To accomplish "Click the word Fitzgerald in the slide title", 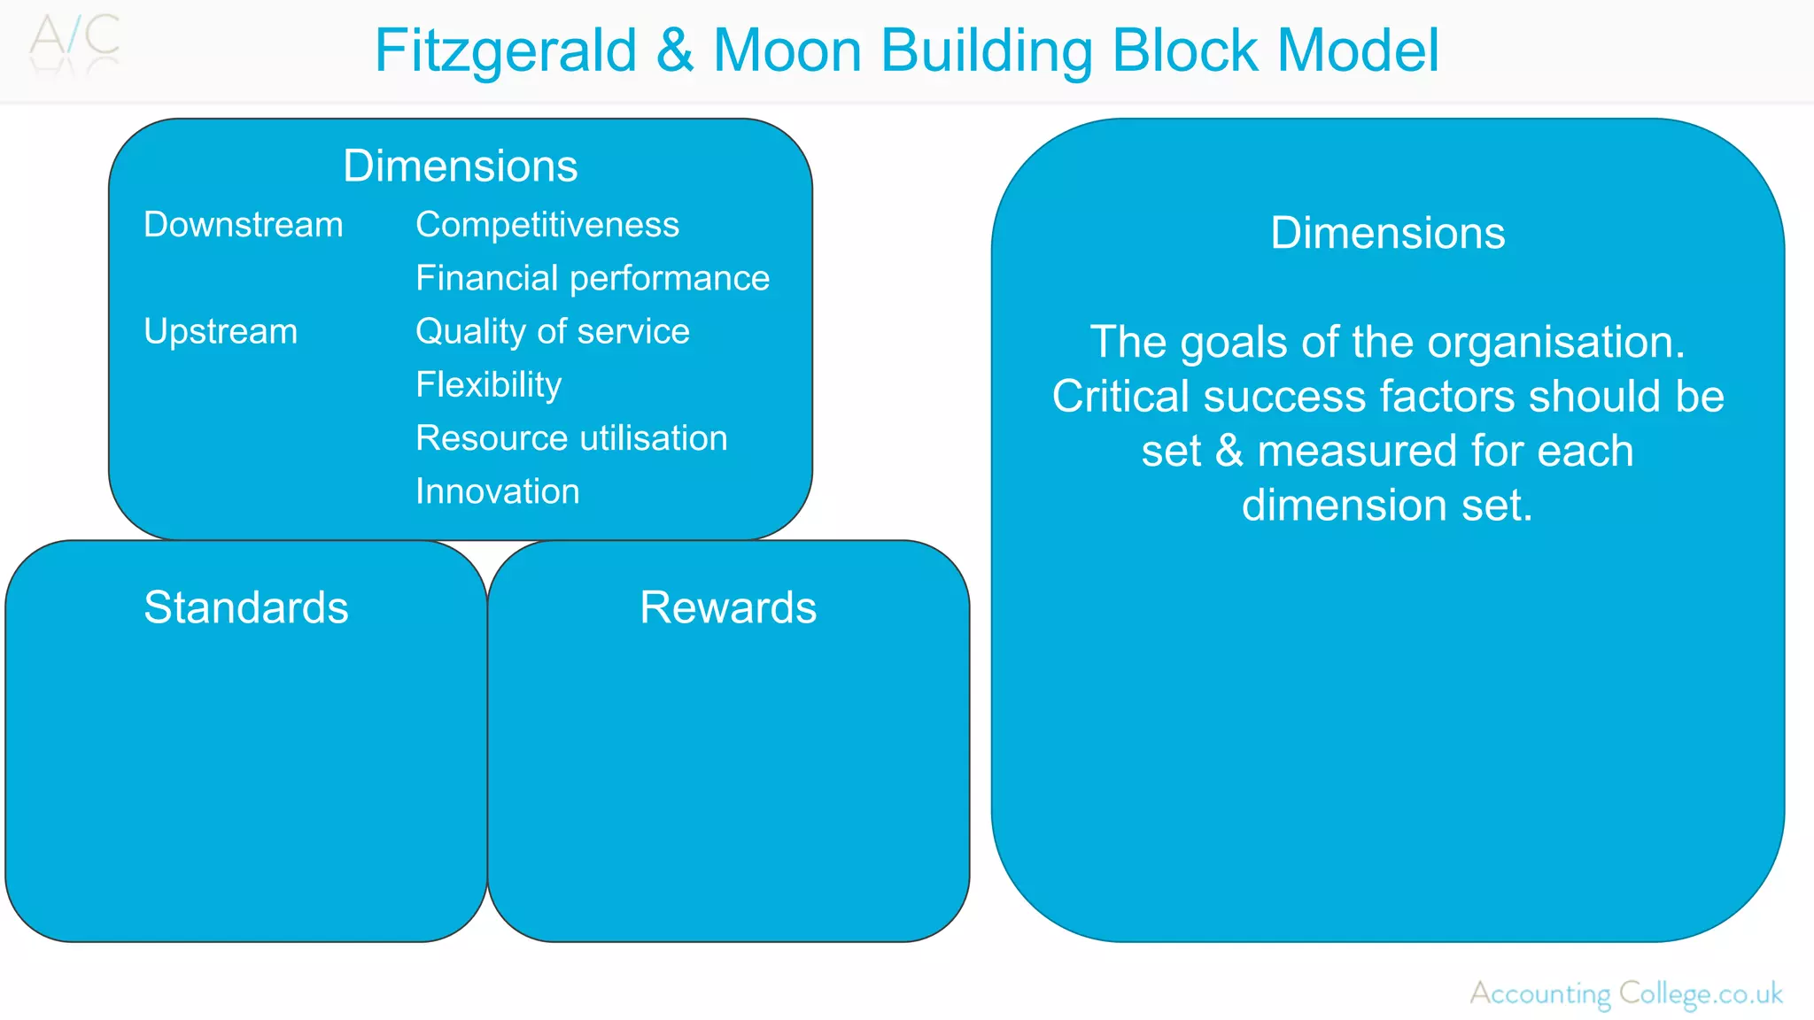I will (x=505, y=50).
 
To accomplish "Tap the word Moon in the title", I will (x=787, y=50).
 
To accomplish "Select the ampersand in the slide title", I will (x=675, y=50).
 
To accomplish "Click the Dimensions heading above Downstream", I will (x=460, y=166).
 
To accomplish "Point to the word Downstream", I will (x=243, y=225).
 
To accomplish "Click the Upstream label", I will (x=221, y=331).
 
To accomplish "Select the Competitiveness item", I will (x=547, y=225).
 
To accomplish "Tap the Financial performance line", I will (x=592, y=278).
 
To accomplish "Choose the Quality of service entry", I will (x=552, y=331).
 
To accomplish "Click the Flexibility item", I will (x=488, y=384).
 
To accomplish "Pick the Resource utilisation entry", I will (x=571, y=438).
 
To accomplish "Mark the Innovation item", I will (x=497, y=491).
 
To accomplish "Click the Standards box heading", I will (x=245, y=607).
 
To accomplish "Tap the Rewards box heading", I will (x=728, y=607).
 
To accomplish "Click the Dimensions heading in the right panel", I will (x=1387, y=233).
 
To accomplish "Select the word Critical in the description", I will (x=1120, y=396).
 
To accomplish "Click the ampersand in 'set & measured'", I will (x=1229, y=452).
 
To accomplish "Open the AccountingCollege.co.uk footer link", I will (x=1625, y=993).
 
